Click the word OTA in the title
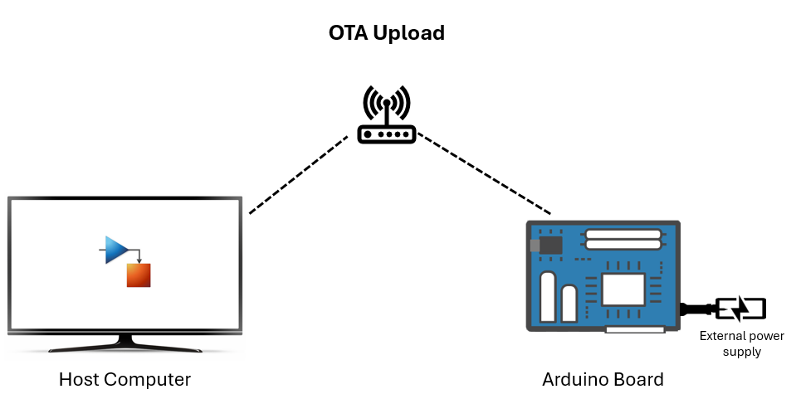click(347, 33)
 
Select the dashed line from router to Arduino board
click(483, 173)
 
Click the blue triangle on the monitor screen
click(116, 250)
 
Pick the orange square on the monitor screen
click(139, 275)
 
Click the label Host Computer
click(125, 379)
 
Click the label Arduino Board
click(603, 379)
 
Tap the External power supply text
click(730, 343)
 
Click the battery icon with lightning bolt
click(740, 309)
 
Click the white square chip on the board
click(623, 290)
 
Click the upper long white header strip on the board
click(623, 234)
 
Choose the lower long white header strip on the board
click(623, 246)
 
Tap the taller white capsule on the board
click(548, 299)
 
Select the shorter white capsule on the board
click(569, 304)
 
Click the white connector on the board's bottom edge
click(635, 329)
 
